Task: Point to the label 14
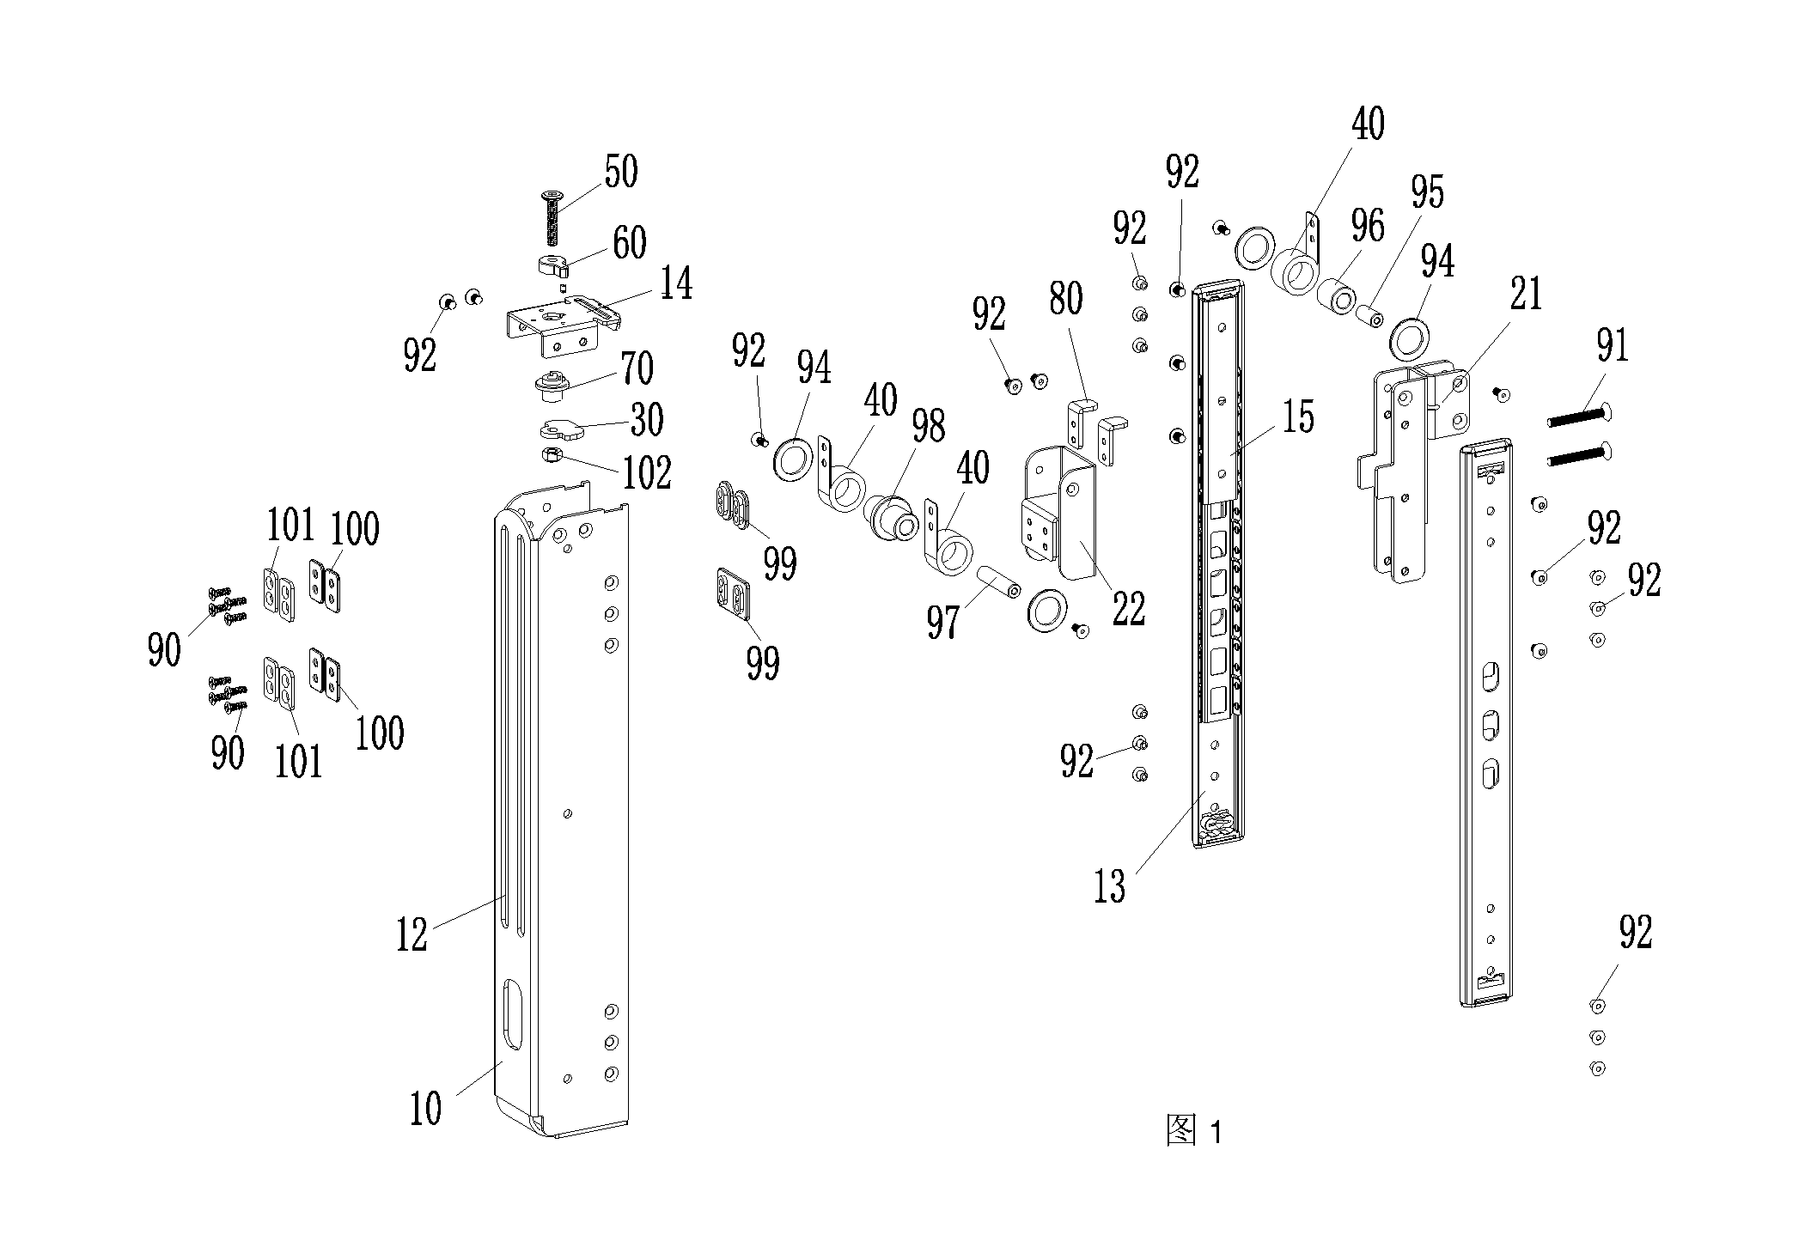(675, 283)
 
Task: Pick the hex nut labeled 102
(552, 454)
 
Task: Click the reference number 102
(647, 472)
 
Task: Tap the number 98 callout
(929, 426)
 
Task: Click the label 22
(1128, 609)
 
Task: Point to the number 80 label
(1065, 298)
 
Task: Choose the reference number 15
(1298, 417)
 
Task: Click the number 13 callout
(1109, 886)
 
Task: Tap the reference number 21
(1526, 295)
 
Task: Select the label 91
(1612, 346)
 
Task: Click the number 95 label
(1427, 193)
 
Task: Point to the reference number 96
(1367, 226)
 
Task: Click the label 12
(412, 935)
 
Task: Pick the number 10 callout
(426, 1108)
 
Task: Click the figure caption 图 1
(1194, 1130)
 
